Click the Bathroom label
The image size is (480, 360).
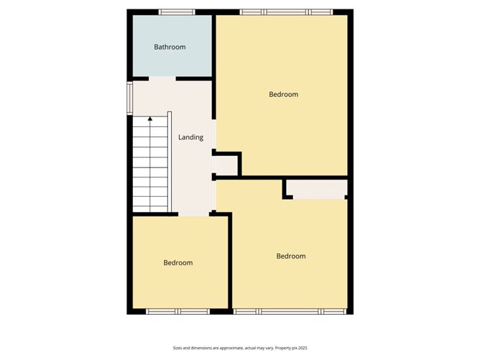[x=170, y=47]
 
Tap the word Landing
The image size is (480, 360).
[x=190, y=137]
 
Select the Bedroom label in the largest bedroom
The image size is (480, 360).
[x=283, y=94]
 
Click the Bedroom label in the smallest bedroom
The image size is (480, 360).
[x=177, y=263]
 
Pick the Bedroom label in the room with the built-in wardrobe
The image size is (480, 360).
[x=291, y=257]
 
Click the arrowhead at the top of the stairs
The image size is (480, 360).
[x=149, y=120]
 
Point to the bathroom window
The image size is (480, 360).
[x=176, y=11]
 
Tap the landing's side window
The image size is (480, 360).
[x=130, y=98]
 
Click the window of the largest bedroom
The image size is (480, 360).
[x=286, y=11]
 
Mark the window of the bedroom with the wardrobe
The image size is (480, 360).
[x=290, y=312]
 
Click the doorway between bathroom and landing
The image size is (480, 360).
[x=162, y=78]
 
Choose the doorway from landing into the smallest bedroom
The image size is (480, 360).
[x=193, y=214]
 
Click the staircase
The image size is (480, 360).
[x=149, y=165]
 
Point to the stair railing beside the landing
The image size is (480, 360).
[x=170, y=162]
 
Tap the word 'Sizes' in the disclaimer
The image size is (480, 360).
[x=177, y=347]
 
